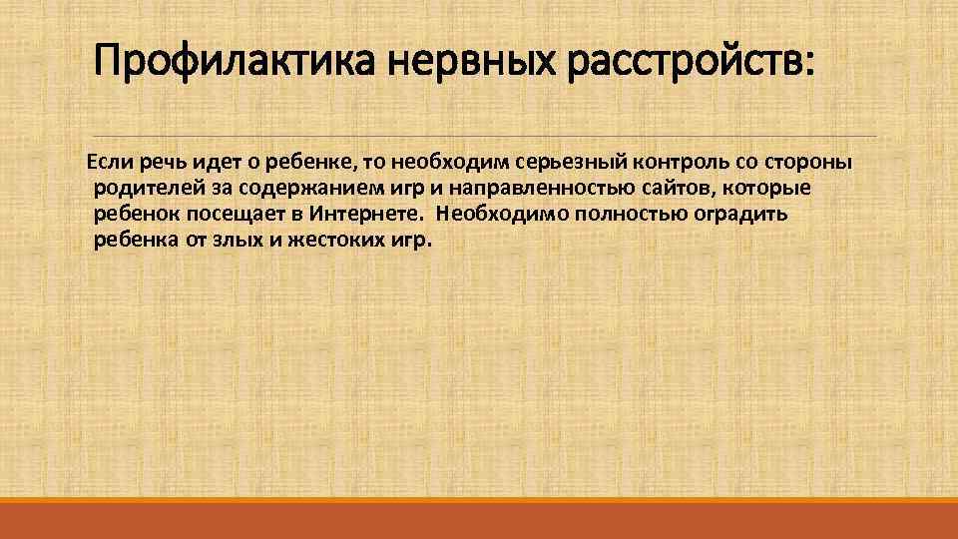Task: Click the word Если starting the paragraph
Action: (108, 162)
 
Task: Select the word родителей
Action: (141, 189)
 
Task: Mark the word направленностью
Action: (516, 189)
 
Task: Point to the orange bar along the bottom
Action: (479, 519)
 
